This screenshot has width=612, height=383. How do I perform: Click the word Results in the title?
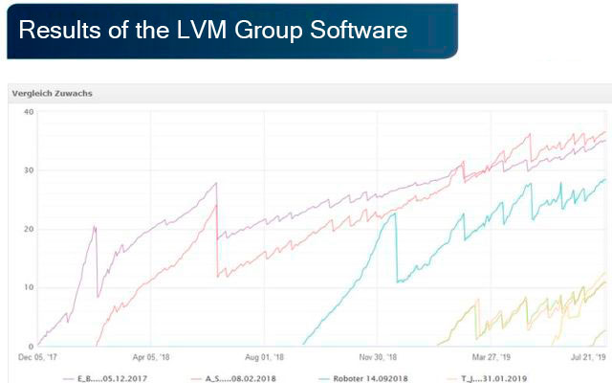(56, 31)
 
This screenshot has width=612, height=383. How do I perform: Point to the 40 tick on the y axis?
(29, 112)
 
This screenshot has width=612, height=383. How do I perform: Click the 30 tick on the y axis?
(29, 170)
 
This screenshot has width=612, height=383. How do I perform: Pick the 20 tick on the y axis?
(29, 229)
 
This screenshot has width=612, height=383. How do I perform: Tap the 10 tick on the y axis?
(29, 287)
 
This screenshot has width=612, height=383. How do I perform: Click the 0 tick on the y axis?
(31, 346)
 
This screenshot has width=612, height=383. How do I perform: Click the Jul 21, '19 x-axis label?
(586, 357)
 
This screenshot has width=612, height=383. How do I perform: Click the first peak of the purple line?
(95, 226)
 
